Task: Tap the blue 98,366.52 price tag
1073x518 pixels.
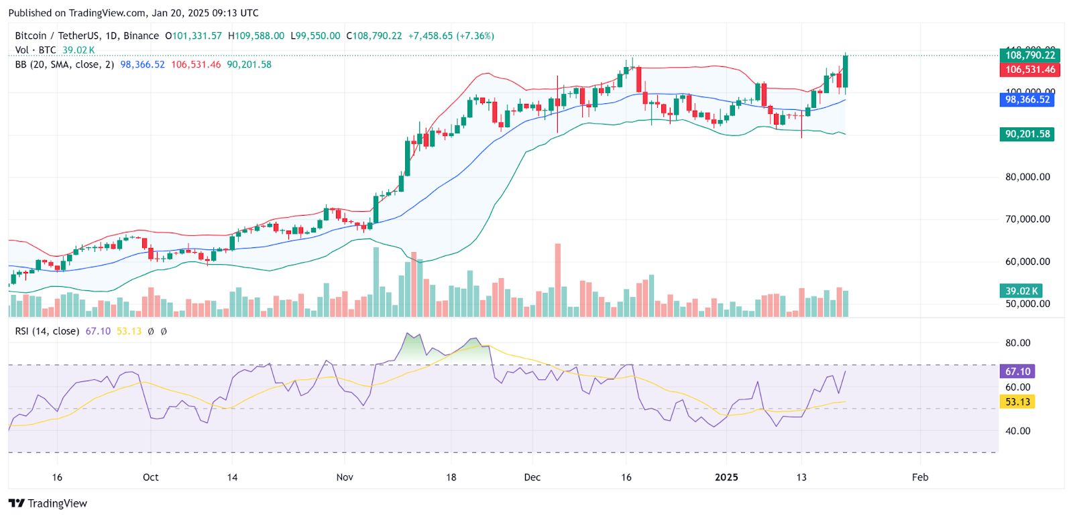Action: [x=1027, y=99]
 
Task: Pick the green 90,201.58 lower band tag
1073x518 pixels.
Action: [x=1027, y=134]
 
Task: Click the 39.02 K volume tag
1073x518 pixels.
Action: [x=1021, y=291]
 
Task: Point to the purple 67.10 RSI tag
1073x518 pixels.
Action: [x=1017, y=371]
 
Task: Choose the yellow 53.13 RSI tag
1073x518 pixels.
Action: [x=1017, y=401]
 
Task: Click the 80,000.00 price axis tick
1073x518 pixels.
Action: [x=1027, y=177]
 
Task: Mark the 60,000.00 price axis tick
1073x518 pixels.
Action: [x=1027, y=261]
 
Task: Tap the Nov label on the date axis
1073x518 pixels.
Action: [x=345, y=477]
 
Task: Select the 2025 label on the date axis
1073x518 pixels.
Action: [x=726, y=477]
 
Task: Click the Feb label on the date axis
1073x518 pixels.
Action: [x=920, y=477]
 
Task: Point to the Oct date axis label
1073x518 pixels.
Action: [x=151, y=477]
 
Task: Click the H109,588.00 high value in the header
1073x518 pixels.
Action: [x=256, y=36]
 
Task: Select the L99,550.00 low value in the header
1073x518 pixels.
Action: [x=315, y=36]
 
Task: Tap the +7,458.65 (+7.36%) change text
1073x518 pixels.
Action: [x=451, y=36]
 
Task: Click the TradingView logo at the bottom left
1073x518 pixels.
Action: [x=48, y=503]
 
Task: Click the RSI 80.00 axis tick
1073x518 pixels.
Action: [x=1017, y=342]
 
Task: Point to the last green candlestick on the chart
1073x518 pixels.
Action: [x=846, y=71]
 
